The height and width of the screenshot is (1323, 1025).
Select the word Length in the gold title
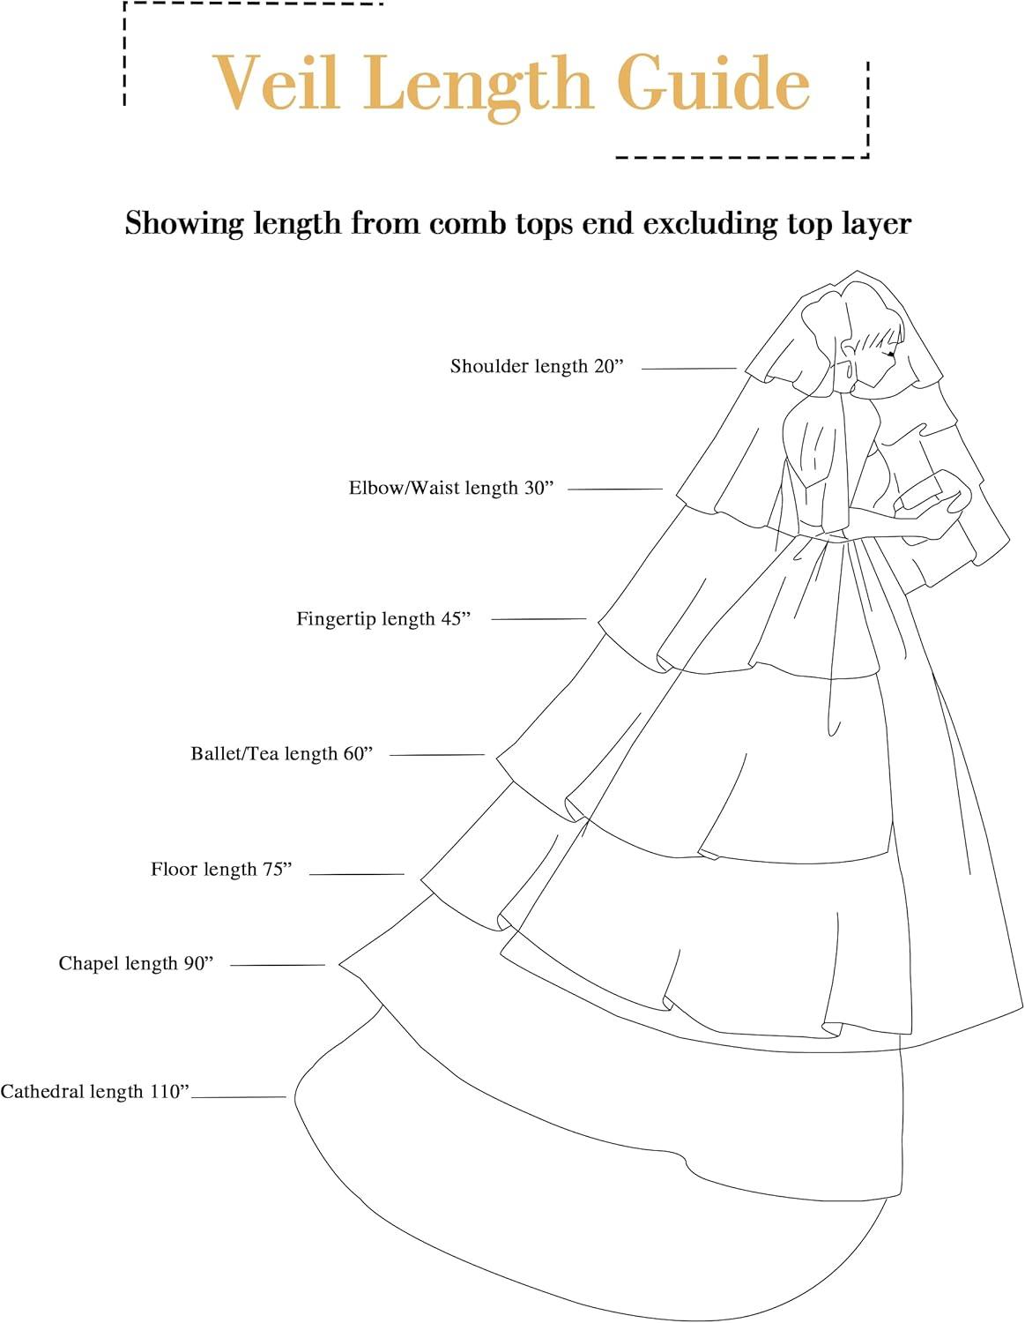[x=479, y=88]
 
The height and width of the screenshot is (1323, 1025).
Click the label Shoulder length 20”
[x=537, y=367]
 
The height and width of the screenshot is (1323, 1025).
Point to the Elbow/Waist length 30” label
[x=451, y=488]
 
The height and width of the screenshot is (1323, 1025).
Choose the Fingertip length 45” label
[x=384, y=618]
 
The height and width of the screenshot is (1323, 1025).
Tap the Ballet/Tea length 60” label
[x=282, y=754]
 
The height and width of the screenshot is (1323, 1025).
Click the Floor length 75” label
[x=221, y=869]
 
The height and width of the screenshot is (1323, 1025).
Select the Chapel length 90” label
[x=137, y=963]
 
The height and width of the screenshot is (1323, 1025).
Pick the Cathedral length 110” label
[x=95, y=1091]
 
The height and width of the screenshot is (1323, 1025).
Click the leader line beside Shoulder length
[x=689, y=369]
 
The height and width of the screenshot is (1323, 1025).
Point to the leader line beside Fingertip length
[x=539, y=619]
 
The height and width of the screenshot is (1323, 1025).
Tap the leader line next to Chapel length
[x=278, y=965]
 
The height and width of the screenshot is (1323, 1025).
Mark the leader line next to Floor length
[x=357, y=874]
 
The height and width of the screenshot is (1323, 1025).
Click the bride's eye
[x=891, y=353]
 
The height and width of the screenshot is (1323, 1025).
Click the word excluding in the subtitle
[x=710, y=224]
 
